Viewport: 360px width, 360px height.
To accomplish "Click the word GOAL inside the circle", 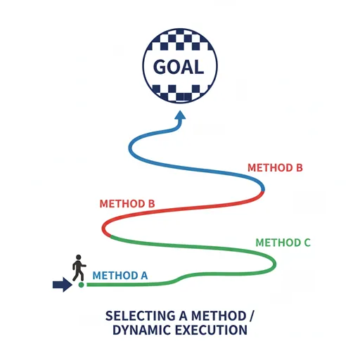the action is [179, 67].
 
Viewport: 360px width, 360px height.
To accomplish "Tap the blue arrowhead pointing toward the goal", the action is [180, 115].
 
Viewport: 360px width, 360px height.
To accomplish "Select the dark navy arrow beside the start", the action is [63, 285].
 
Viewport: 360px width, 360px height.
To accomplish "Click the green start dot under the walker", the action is [81, 285].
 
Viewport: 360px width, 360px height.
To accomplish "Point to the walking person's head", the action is [79, 257].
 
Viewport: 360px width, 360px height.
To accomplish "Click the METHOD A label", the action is [120, 276].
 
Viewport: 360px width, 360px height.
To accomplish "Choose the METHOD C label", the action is [283, 243].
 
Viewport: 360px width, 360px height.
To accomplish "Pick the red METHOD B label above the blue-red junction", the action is [275, 168].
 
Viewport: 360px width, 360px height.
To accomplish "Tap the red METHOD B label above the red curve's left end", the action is [127, 204].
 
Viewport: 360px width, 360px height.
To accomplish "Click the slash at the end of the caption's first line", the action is [252, 316].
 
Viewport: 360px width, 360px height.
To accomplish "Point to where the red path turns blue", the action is [264, 190].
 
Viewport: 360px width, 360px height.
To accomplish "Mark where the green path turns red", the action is [110, 236].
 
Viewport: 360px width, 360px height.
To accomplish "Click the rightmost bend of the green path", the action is [274, 264].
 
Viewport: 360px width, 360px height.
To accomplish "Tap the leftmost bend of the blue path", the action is [130, 148].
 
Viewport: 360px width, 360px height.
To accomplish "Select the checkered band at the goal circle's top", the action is [180, 40].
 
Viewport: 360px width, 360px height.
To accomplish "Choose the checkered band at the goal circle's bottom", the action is [180, 94].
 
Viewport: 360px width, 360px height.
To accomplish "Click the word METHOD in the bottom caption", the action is [219, 316].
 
